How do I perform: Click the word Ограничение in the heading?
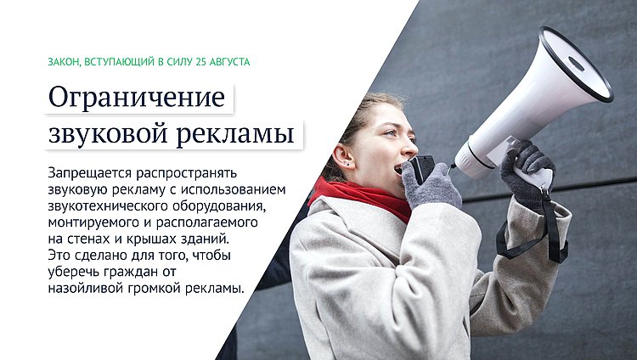[137, 97]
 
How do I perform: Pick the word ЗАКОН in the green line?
[65, 62]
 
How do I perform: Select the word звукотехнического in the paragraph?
[109, 205]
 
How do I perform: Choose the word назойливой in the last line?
[86, 288]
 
